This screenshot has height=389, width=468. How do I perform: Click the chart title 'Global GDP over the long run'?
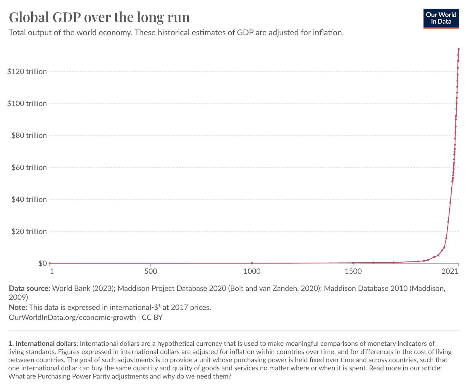99,17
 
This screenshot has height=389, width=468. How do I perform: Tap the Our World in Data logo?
441,19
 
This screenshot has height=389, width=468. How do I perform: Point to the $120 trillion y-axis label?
27,72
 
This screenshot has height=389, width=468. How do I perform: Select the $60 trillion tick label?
29,168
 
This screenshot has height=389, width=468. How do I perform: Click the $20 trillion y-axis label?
29,232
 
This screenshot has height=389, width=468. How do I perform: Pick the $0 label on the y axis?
42,264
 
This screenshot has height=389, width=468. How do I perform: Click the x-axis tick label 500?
151,271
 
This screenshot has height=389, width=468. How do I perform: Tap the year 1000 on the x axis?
252,271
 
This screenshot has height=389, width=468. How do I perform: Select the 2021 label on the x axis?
450,271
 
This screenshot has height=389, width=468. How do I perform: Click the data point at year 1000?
252,263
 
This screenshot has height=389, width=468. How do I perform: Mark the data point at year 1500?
353,263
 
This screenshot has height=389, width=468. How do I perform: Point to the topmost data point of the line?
459,49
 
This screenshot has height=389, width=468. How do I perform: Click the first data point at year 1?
50,263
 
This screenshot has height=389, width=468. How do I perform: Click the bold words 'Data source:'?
30,288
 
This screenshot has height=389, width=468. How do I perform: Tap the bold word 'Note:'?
18,307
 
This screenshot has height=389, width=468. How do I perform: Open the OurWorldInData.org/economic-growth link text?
72,317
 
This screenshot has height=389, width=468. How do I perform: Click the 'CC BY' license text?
152,317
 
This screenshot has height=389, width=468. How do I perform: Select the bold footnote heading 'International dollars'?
46,343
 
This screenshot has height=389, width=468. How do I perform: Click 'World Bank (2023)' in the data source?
83,288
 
